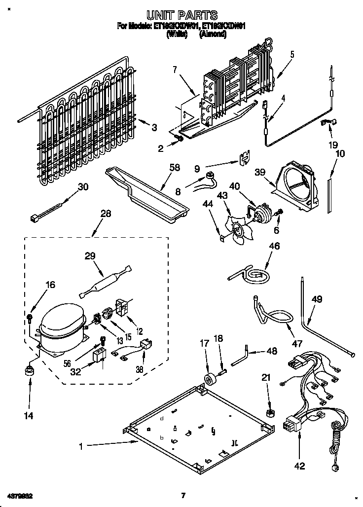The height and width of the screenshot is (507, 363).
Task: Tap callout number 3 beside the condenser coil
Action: [154, 127]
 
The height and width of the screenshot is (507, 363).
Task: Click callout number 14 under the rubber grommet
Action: [29, 416]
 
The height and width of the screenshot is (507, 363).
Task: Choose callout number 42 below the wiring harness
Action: [300, 465]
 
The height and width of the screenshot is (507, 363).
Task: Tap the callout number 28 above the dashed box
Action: [106, 214]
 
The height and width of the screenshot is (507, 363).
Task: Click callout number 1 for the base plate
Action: [82, 446]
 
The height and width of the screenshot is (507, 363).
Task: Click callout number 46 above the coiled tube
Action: [274, 246]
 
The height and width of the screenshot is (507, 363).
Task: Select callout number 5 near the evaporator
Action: [291, 55]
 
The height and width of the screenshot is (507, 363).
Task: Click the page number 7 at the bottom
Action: [182, 495]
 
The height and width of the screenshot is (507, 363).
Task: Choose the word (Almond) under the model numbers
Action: [213, 35]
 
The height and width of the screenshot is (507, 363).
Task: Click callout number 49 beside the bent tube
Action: [317, 299]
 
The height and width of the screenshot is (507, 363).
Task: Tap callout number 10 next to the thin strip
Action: [340, 154]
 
